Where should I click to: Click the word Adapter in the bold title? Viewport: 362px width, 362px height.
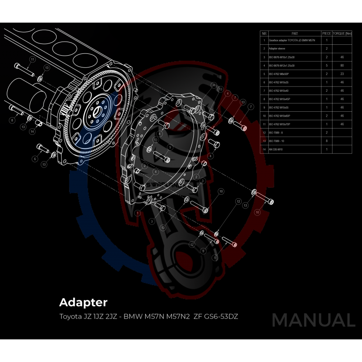[x=83, y=302]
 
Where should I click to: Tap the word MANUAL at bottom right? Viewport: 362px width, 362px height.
[x=313, y=320]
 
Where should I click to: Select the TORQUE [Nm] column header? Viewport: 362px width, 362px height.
[x=342, y=33]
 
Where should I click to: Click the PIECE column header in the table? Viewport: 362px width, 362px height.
[x=326, y=33]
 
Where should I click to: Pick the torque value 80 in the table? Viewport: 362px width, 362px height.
[x=342, y=66]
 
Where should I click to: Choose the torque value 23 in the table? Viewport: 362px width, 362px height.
[x=342, y=74]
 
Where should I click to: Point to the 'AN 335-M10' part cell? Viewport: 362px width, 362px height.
[x=276, y=149]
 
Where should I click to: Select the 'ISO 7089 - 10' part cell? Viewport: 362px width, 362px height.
[x=277, y=141]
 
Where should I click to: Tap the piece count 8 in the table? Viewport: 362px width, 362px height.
[x=326, y=141]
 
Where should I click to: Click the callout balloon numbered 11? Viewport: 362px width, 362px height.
[x=32, y=59]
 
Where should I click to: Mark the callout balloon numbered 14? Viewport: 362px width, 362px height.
[x=32, y=132]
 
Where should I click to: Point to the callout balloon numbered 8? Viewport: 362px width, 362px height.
[x=12, y=120]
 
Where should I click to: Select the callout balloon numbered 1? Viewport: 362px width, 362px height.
[x=138, y=212]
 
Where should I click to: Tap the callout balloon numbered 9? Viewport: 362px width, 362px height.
[x=170, y=147]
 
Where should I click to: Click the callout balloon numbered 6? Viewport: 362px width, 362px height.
[x=34, y=159]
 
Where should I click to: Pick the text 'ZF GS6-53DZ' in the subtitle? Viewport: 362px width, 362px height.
[x=216, y=316]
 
